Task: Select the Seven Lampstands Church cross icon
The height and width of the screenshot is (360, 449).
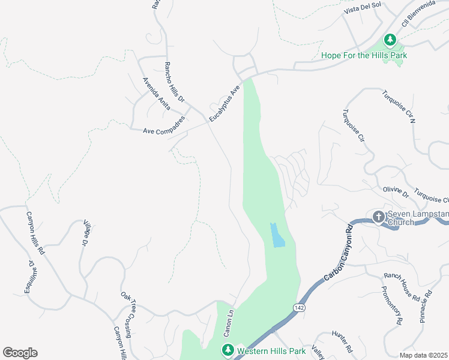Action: pyautogui.click(x=378, y=217)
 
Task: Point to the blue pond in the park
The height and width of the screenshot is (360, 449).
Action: pyautogui.click(x=277, y=235)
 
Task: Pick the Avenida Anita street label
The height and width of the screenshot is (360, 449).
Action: pyautogui.click(x=157, y=92)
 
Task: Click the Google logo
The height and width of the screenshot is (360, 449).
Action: pyautogui.click(x=20, y=353)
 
